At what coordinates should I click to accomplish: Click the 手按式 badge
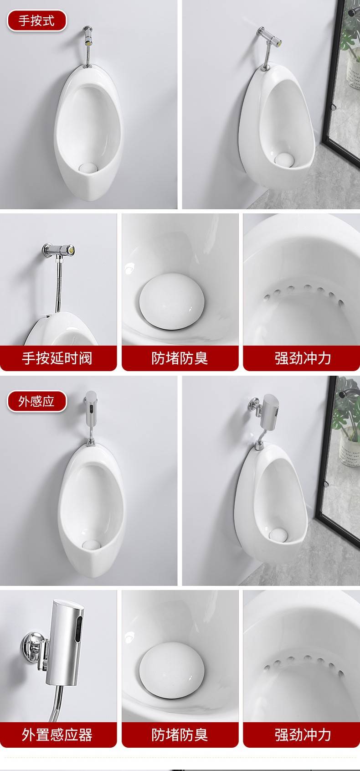pos(36,21)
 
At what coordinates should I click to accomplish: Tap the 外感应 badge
pos(36,401)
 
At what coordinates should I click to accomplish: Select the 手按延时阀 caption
pos(57,358)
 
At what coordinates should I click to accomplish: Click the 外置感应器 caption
pos(57,735)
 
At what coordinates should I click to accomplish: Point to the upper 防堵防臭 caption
pos(180,358)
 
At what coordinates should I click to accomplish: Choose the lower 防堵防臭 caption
pos(180,735)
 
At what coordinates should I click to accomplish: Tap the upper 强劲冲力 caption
pos(303,358)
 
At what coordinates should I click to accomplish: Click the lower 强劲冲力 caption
pos(303,735)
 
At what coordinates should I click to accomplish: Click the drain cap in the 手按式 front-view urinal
pos(88,167)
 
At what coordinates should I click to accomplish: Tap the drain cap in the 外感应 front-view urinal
pos(91,545)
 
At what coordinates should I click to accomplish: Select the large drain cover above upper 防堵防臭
pos(172,301)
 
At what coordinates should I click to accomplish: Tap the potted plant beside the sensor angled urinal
pos(348,424)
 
